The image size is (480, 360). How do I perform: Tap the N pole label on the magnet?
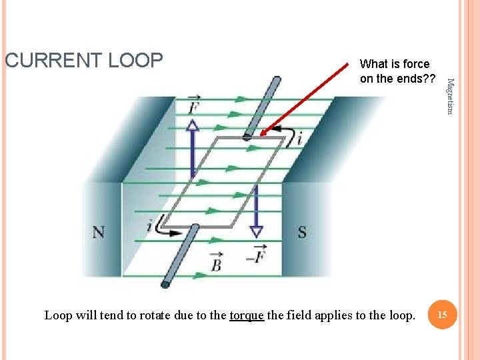click(98, 232)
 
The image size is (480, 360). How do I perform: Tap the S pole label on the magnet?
click(302, 232)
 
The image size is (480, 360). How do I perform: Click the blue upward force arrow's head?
click(193, 125)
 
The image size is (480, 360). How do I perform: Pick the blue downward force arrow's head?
click(256, 231)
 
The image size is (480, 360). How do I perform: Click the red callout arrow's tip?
click(262, 134)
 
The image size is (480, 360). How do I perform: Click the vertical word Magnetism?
click(450, 96)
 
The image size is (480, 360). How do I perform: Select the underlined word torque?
click(246, 315)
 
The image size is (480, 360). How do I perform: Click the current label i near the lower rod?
click(150, 227)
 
